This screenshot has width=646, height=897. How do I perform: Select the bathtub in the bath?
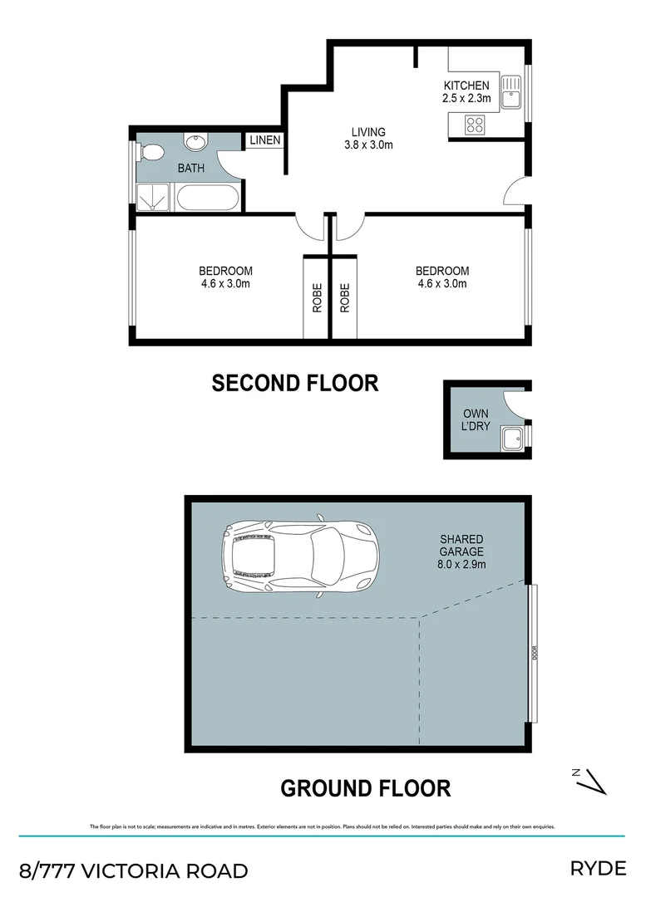tap(208, 198)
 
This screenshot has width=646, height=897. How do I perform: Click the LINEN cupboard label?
tap(265, 140)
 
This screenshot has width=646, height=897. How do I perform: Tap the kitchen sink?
tap(511, 92)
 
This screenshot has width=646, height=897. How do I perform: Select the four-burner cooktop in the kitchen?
tap(474, 125)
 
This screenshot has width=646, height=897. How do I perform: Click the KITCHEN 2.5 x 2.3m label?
tap(466, 91)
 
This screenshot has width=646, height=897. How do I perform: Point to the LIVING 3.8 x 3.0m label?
tap(368, 138)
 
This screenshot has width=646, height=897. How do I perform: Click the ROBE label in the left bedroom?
tap(317, 297)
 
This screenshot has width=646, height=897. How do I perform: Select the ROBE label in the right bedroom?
tap(344, 297)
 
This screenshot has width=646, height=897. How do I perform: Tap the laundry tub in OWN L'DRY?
tap(511, 437)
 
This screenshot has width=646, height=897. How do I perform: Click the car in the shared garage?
tap(299, 553)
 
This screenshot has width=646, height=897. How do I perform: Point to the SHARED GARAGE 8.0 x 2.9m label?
tap(461, 551)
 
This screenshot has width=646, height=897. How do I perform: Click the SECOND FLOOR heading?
tap(295, 383)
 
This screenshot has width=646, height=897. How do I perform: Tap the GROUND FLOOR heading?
tap(365, 787)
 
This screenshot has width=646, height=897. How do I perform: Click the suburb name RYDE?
tap(597, 869)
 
